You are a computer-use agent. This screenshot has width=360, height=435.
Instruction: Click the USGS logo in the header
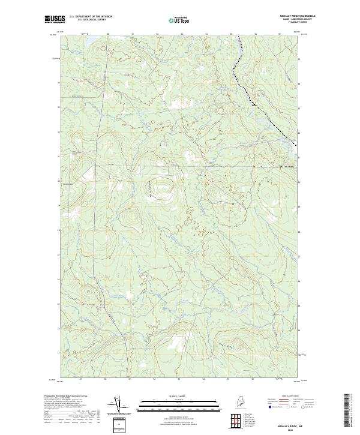[55, 19]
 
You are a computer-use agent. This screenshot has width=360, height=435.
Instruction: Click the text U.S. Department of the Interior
[91, 17]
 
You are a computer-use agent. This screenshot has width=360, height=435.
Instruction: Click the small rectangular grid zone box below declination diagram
[118, 425]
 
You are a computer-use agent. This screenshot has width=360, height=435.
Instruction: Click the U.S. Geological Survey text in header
[89, 20]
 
